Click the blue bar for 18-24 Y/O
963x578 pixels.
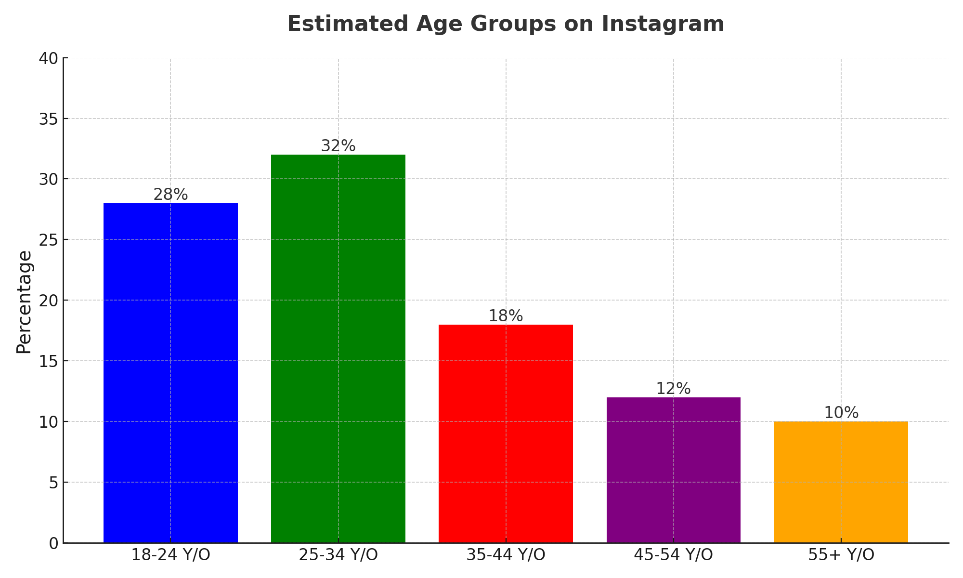170,373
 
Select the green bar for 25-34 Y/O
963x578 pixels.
338,349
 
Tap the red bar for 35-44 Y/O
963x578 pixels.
506,433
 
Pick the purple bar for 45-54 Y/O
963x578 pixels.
673,470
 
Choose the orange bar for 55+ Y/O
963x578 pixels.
841,482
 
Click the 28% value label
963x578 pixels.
170,195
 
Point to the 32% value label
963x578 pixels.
338,146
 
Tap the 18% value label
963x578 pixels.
506,316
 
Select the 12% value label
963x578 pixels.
673,389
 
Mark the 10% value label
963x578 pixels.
841,413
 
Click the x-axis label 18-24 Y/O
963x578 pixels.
170,555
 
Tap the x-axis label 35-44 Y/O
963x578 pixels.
506,555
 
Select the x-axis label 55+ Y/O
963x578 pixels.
841,555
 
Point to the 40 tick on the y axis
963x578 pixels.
48,58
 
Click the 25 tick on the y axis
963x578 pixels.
48,240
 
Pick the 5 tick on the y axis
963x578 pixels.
53,483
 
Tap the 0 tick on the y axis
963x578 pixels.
53,543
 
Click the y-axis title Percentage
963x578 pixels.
24,302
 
